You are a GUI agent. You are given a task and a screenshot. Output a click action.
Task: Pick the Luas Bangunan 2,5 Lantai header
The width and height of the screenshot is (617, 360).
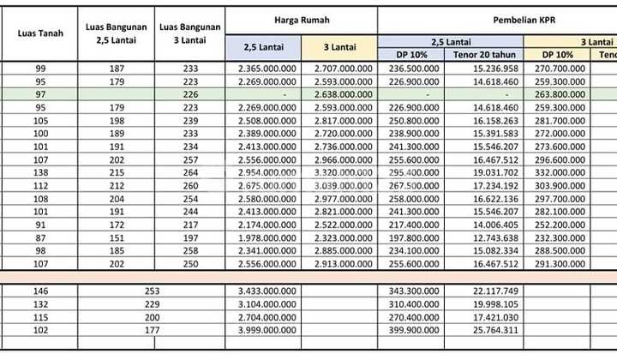click(116, 34)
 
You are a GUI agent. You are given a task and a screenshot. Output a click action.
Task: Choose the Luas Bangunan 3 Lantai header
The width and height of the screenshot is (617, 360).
click(190, 34)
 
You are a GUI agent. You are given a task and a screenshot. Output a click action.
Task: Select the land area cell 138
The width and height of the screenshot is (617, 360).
click(40, 172)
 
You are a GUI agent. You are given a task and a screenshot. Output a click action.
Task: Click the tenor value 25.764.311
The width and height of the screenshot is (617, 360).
click(494, 330)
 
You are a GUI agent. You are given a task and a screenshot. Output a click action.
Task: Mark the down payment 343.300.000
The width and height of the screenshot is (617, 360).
click(415, 291)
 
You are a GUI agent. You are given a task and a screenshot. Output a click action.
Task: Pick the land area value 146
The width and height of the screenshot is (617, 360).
click(40, 291)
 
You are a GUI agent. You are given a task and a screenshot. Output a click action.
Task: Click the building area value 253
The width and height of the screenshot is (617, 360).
click(153, 291)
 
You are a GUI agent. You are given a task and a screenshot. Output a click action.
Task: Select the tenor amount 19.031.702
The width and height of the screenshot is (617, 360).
click(494, 172)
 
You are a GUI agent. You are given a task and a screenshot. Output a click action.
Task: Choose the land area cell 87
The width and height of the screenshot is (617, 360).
click(40, 237)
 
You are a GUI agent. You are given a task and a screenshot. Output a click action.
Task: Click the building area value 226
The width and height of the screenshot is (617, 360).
click(190, 95)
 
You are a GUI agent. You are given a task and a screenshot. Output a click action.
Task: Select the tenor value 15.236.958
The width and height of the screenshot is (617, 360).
click(494, 69)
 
